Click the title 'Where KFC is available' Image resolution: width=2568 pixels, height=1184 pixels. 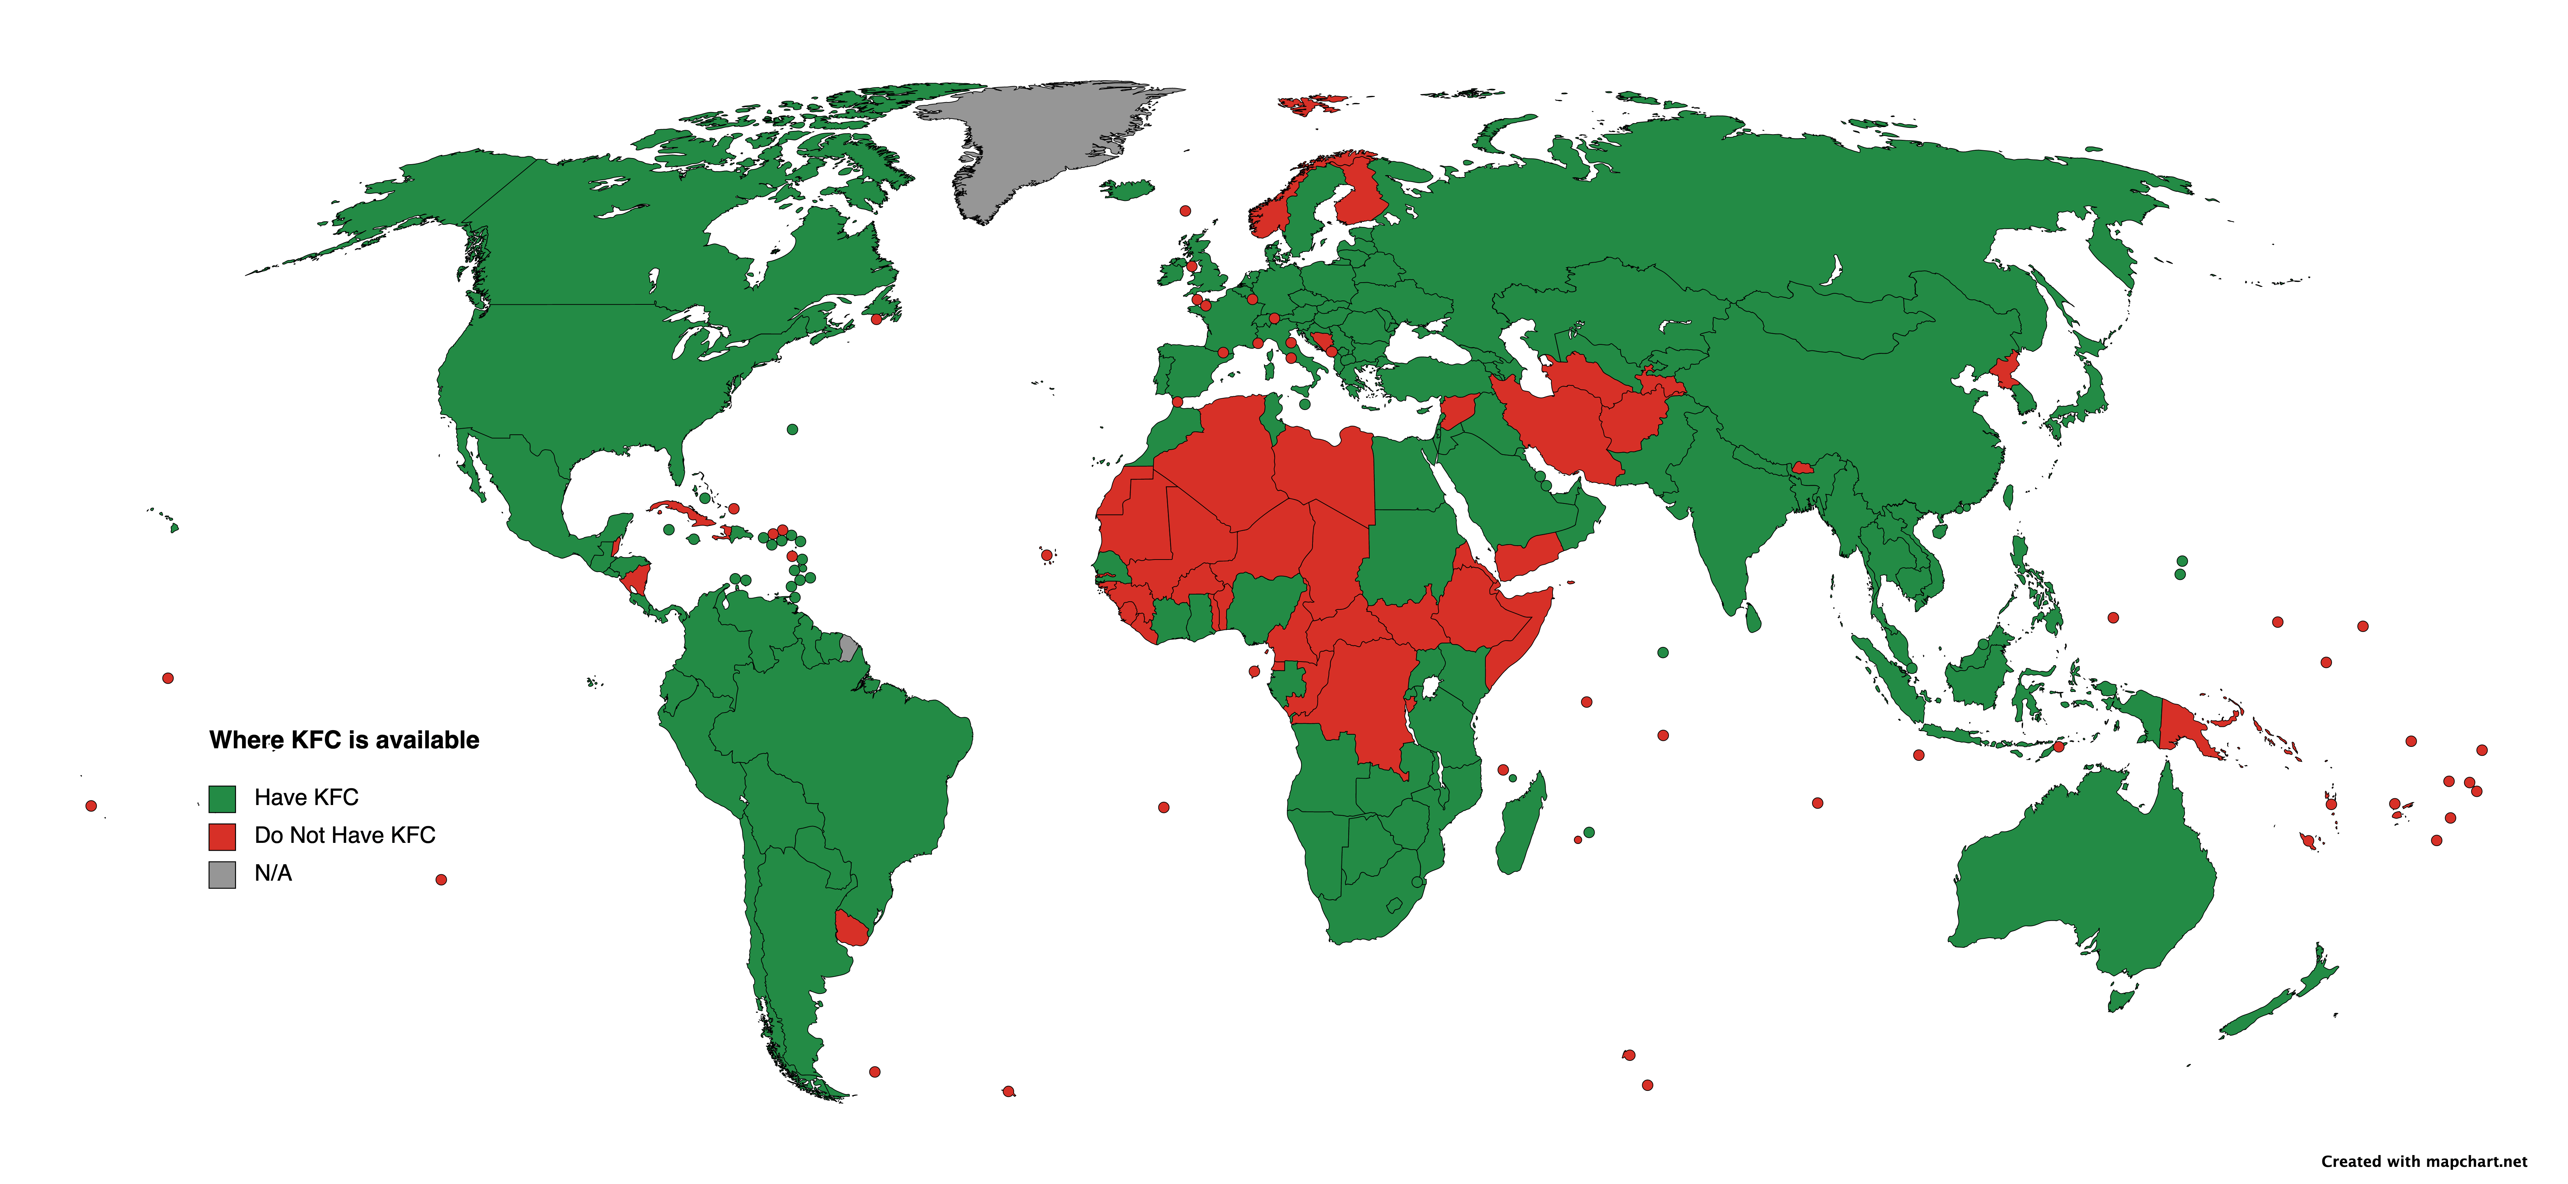pyautogui.click(x=344, y=739)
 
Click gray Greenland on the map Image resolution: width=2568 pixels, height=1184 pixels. pyautogui.click(x=1037, y=140)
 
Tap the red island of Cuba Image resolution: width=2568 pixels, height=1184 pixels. pyautogui.click(x=686, y=513)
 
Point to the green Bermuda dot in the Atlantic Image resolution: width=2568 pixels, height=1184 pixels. pyautogui.click(x=793, y=430)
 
